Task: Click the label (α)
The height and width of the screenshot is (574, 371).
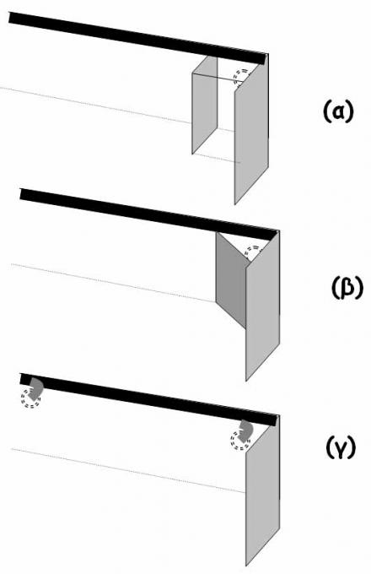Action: coord(339,111)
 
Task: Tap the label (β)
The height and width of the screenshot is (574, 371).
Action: coord(347,287)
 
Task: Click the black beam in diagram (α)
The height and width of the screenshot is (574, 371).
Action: coord(138,38)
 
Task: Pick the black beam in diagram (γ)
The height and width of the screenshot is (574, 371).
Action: coord(150,399)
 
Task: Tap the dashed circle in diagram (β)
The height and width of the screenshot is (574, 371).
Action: coord(253,252)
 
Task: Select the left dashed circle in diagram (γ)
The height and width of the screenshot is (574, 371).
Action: coord(30,399)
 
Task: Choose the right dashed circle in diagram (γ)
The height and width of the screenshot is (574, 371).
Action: coord(240,440)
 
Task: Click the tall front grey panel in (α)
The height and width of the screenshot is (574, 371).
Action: coord(251,132)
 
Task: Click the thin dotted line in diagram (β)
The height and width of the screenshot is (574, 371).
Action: coord(113,283)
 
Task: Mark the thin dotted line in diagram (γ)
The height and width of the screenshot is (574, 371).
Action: coord(128,470)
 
